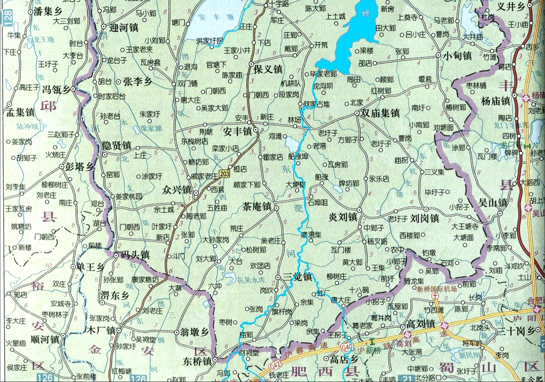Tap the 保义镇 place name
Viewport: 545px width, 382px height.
point(268,70)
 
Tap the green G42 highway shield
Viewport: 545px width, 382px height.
point(276,366)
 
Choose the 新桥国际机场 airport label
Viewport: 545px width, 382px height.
point(437,290)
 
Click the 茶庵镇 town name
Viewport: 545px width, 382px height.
point(257,207)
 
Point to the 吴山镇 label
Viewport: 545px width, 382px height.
point(493,203)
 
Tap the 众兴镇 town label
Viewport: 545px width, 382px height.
point(177,189)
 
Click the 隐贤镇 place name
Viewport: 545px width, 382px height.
point(116,145)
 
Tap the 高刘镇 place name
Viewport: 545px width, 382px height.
point(421,324)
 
